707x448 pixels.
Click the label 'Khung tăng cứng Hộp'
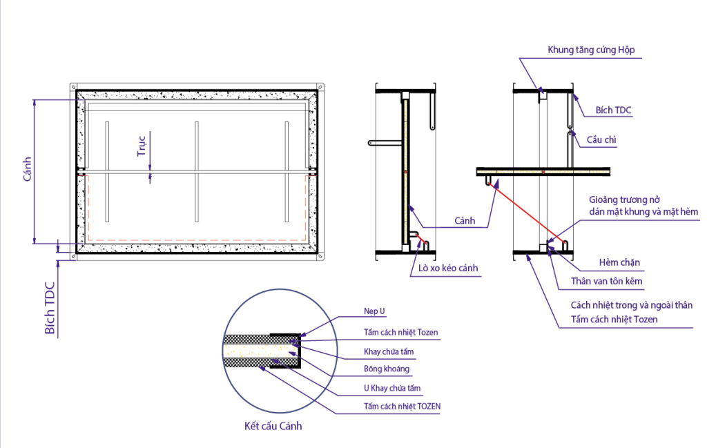590,50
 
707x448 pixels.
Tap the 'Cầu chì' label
601,140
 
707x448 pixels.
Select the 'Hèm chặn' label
619,262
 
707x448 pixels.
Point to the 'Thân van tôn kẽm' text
606,281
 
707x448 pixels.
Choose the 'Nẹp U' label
374,311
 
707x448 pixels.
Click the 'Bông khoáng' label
386,369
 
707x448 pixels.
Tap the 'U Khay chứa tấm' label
392,388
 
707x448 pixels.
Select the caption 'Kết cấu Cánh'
273,426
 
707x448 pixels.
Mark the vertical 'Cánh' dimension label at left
28,170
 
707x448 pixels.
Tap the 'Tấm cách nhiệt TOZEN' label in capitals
402,407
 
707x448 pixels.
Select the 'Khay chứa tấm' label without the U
389,351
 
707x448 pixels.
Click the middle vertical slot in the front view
197,172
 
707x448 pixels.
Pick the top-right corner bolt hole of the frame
320,86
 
